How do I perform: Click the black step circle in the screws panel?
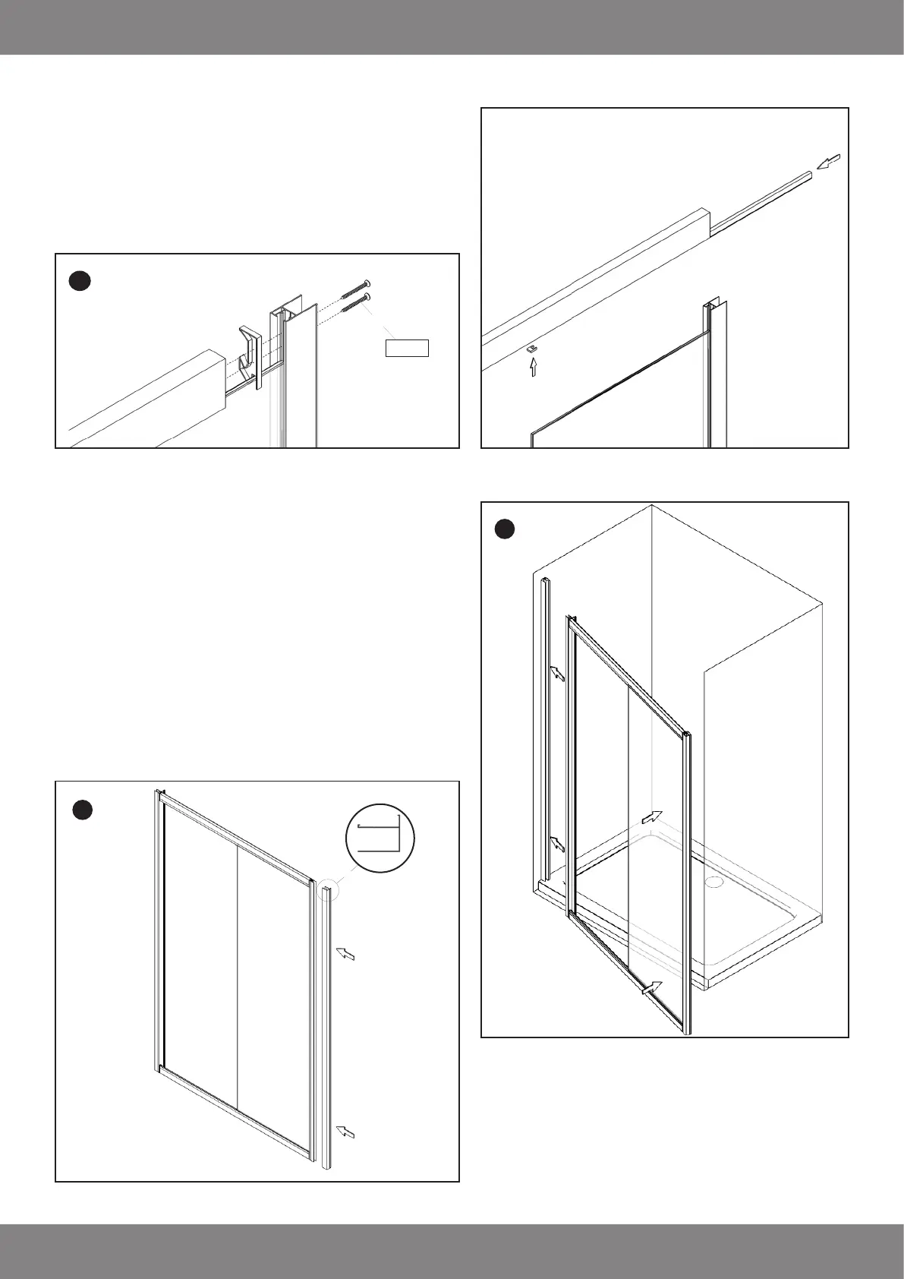80,281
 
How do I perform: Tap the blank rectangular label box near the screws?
408,349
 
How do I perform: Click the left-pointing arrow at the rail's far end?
830,161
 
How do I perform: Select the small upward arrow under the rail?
533,368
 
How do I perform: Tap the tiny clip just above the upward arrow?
532,349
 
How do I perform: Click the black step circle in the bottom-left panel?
83,810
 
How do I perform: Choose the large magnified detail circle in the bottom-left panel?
380,838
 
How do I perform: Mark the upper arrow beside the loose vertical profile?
345,954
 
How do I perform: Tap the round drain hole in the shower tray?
713,883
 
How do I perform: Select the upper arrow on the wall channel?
557,673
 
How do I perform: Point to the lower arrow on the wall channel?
557,843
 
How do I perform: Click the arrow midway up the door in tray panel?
652,817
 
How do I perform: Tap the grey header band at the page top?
452,27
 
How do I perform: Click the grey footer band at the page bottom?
452,1251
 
